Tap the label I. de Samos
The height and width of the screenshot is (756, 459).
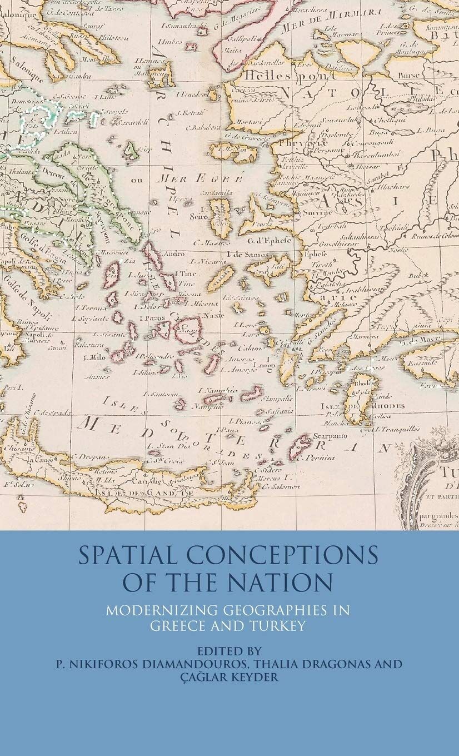[x=248, y=253]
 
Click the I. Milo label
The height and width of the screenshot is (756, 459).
[x=92, y=356]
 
